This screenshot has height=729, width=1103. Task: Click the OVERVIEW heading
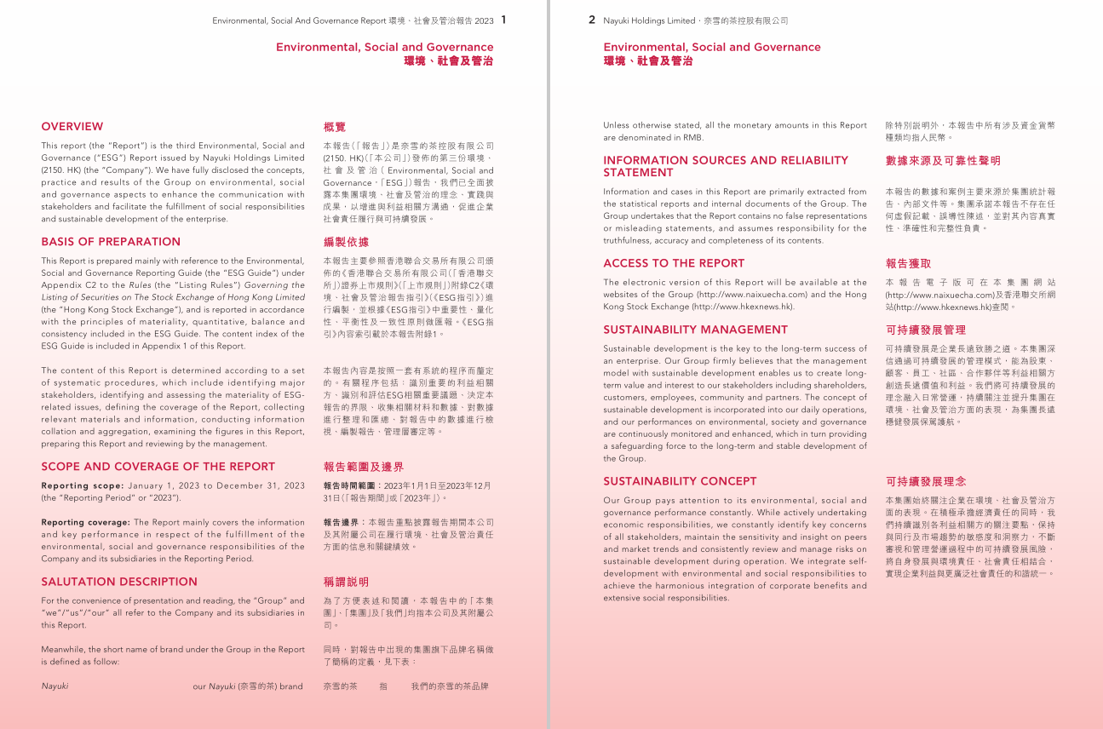[72, 127]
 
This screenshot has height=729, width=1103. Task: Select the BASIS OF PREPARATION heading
[111, 242]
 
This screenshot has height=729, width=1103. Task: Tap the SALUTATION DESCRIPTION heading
[119, 583]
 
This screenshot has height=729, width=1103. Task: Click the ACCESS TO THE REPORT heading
[674, 264]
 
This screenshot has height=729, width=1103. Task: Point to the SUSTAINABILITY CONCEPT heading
[680, 482]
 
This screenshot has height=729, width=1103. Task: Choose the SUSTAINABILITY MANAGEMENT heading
[695, 330]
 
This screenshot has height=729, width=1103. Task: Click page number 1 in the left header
[503, 20]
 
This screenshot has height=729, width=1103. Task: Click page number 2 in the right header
[592, 20]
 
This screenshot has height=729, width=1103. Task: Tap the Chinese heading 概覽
[335, 127]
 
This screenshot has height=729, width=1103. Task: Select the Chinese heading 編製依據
[346, 242]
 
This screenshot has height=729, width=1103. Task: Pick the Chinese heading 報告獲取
[908, 264]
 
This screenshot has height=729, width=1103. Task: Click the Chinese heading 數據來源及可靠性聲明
[943, 161]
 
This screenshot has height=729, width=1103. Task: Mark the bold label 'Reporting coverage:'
[85, 523]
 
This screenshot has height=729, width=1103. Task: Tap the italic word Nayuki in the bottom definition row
[55, 686]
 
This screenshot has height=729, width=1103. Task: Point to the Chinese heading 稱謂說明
[346, 583]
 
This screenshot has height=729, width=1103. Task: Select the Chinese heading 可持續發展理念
[925, 482]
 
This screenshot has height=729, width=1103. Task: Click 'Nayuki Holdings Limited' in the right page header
[648, 20]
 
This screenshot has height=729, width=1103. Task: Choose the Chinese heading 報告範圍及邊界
[364, 468]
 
